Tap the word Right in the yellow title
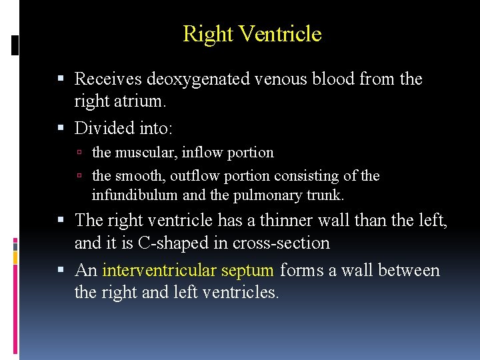click(x=207, y=33)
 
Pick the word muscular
click(x=145, y=153)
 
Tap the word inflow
click(x=203, y=153)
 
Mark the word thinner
click(x=279, y=219)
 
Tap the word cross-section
click(x=281, y=243)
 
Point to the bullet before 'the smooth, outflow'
click(x=79, y=177)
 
